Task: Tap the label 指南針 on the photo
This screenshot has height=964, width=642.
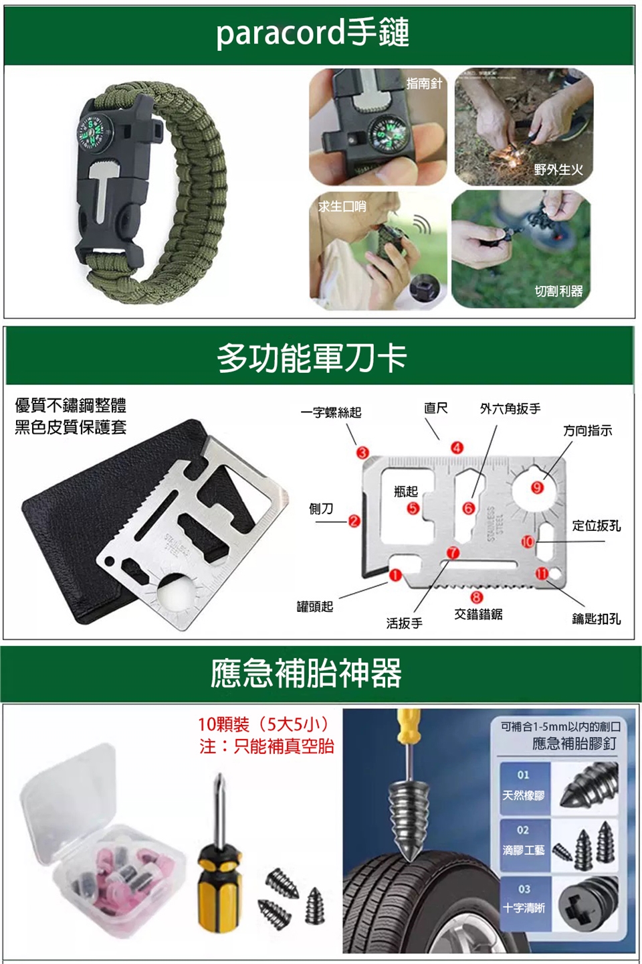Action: tap(424, 84)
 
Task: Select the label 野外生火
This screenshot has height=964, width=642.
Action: tap(558, 169)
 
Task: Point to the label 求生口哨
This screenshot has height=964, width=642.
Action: tap(342, 207)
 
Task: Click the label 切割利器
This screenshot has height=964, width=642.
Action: tap(558, 291)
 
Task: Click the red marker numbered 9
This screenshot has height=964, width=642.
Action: tap(537, 487)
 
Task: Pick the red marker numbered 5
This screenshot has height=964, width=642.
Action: tap(413, 508)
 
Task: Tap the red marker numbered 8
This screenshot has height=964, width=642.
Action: tap(476, 596)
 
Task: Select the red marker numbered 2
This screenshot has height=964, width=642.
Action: tap(354, 521)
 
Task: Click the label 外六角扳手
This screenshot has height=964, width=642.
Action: tap(510, 408)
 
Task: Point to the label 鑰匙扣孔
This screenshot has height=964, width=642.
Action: tap(596, 619)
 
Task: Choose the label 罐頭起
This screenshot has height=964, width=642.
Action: tap(315, 607)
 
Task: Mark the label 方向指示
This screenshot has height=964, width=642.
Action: tap(587, 430)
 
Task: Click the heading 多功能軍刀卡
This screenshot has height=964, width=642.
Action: tap(312, 358)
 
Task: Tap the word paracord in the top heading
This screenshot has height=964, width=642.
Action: tap(280, 33)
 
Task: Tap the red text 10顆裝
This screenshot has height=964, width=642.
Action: tap(223, 725)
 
